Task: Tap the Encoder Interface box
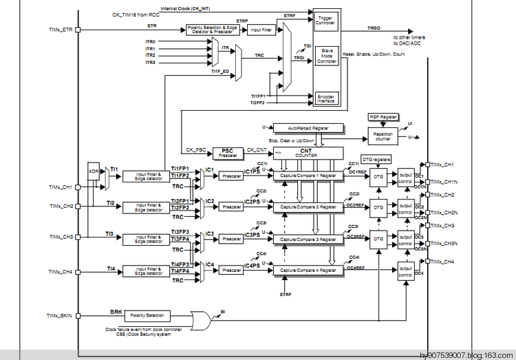point(325,98)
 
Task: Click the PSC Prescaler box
point(228,152)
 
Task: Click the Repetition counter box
point(383,137)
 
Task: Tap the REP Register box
point(383,118)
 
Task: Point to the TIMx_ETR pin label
point(62,30)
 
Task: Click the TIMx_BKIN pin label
point(61,315)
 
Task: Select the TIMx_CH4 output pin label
point(443,262)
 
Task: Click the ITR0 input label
point(150,42)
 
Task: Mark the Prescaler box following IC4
point(230,271)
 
